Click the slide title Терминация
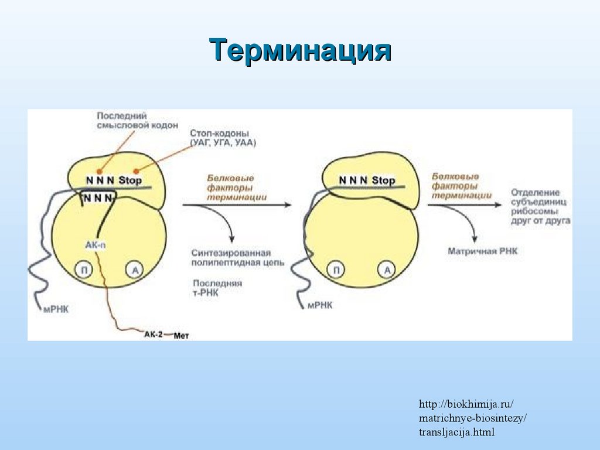tap(300, 50)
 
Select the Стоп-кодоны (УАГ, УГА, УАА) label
tap(223, 138)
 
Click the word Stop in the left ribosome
tap(130, 180)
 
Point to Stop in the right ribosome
tap(383, 180)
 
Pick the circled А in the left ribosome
tap(134, 270)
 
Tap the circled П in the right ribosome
tap(336, 270)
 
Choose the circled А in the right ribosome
tap(387, 270)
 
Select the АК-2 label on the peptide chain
tap(153, 334)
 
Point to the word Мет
tap(182, 335)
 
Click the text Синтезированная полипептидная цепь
tap(237, 258)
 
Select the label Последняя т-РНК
tap(216, 288)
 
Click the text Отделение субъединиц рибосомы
tap(540, 206)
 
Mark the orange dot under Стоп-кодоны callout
tap(137, 171)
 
